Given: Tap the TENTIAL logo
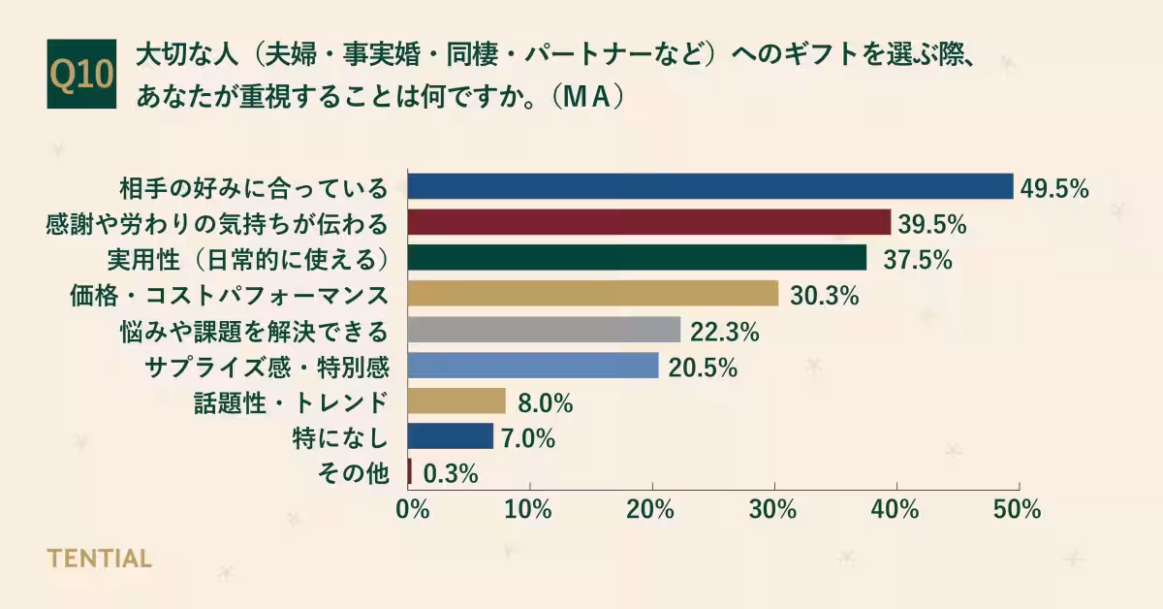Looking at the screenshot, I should pyautogui.click(x=99, y=559).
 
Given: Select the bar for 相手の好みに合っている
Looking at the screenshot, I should pyautogui.click(x=709, y=186).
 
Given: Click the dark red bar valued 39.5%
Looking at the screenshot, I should pyautogui.click(x=648, y=222).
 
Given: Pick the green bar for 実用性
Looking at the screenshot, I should pyautogui.click(x=637, y=258).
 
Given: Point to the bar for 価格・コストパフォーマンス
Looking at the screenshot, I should pyautogui.click(x=592, y=294).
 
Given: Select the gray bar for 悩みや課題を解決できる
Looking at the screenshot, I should pyautogui.click(x=544, y=330).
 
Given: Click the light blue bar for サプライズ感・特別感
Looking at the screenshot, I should pyautogui.click(x=533, y=366).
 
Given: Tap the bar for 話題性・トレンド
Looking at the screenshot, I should pyautogui.click(x=456, y=401).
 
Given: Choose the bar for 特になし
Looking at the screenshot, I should pyautogui.click(x=451, y=436).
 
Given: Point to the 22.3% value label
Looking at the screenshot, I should pyautogui.click(x=724, y=332).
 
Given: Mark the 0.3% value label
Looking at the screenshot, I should pyautogui.click(x=450, y=474).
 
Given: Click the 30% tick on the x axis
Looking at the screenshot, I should pyautogui.click(x=773, y=509).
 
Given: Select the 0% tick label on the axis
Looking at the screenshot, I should pyautogui.click(x=413, y=509).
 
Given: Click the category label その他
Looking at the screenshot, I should pyautogui.click(x=353, y=473).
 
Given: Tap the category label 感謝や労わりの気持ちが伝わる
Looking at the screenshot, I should pyautogui.click(x=217, y=223).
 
